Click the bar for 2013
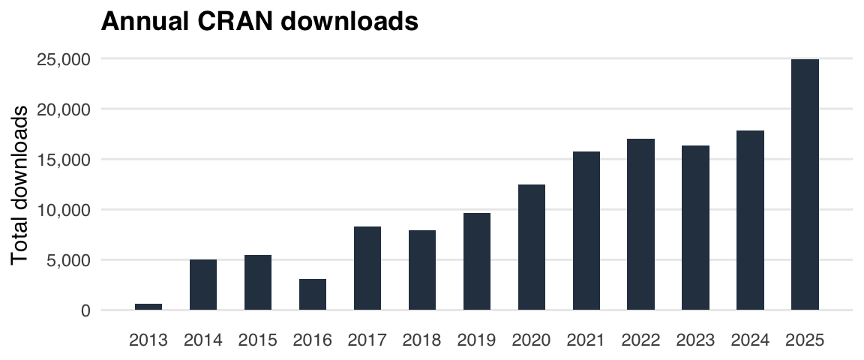coord(148,306)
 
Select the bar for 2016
coord(313,294)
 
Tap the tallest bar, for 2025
coord(805,184)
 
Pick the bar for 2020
coord(532,247)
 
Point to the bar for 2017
coord(367,268)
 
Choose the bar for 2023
coord(695,227)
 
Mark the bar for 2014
coord(203,284)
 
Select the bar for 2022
coord(641,224)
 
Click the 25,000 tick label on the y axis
coord(64,59)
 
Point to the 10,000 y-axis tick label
coord(64,210)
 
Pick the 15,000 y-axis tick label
coord(64,160)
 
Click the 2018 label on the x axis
coord(422,340)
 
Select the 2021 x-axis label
coord(586,340)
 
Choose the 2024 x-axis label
coord(750,340)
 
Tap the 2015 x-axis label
coord(258,340)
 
